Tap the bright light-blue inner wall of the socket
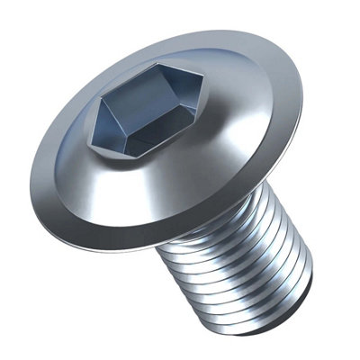(x=175, y=117)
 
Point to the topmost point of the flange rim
(x=180, y=31)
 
